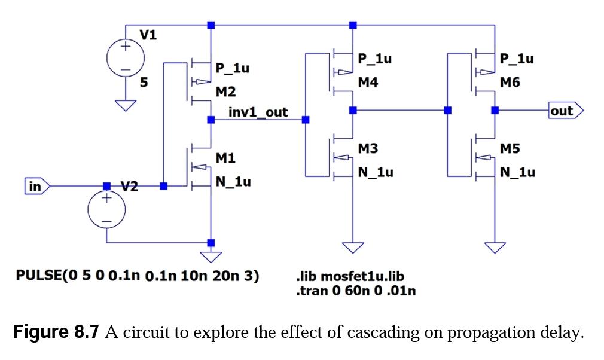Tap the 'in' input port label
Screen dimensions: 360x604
pos(35,187)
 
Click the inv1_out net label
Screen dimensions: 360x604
pos(258,112)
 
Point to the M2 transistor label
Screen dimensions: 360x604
pos(225,93)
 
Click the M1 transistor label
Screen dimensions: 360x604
pos(225,158)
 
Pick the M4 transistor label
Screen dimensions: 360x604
pos(368,83)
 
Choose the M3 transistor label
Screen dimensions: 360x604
pos(368,148)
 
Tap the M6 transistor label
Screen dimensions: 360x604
pos(510,83)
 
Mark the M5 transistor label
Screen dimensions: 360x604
pos(510,148)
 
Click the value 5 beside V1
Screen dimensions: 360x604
pos(144,83)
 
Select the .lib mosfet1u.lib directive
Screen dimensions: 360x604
pos(350,277)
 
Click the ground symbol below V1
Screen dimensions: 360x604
pos(126,106)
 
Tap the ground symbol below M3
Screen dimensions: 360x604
pos(353,247)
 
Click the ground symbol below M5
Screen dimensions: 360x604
pos(495,247)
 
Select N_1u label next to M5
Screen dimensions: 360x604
pos(517,172)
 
